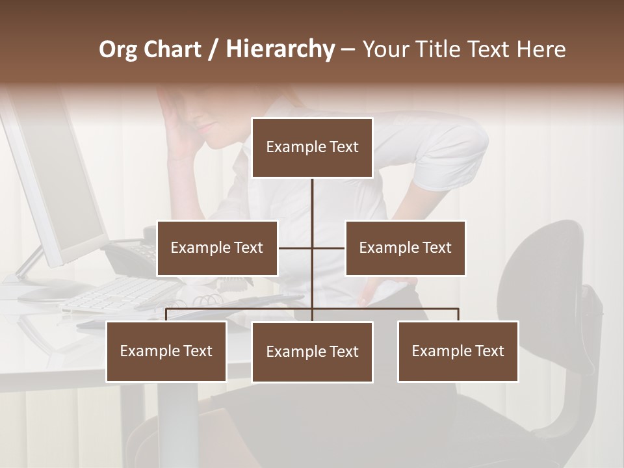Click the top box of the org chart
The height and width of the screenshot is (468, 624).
click(312, 148)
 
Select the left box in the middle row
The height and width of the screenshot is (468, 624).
click(217, 248)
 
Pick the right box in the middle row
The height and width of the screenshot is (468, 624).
click(405, 248)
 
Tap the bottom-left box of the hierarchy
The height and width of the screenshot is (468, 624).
click(166, 351)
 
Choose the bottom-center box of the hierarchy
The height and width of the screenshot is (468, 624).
click(312, 352)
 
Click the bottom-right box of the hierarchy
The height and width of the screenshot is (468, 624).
click(458, 351)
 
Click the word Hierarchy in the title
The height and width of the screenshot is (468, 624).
click(279, 49)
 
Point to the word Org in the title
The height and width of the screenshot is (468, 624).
click(118, 49)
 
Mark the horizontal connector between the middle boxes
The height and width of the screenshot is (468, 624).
click(296, 248)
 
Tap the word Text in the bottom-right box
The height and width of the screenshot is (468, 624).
click(489, 351)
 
